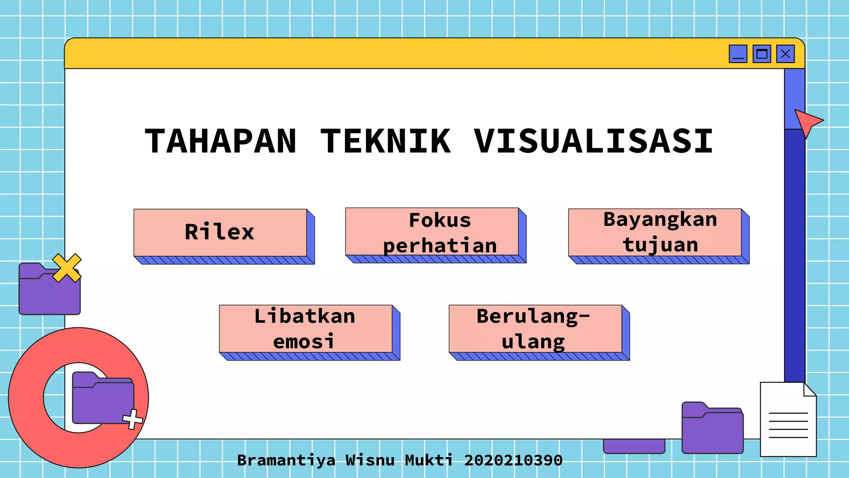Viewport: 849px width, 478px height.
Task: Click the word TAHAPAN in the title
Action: pos(221,141)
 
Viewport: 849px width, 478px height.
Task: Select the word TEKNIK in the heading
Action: pos(386,141)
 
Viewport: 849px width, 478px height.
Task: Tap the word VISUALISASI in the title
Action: pos(593,141)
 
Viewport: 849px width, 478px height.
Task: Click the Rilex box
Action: pos(220,232)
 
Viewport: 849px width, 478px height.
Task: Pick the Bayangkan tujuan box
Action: pos(655,232)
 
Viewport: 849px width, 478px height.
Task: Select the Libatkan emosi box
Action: pos(306,329)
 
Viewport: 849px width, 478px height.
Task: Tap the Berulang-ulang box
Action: pos(535,329)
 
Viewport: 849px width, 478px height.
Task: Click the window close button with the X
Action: pos(785,54)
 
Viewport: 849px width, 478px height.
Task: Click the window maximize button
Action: pos(762,54)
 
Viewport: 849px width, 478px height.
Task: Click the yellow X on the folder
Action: pos(67,268)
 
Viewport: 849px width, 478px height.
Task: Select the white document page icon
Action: pos(788,420)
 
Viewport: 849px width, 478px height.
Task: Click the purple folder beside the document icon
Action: pos(712,428)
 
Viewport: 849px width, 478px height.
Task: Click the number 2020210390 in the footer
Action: pos(513,460)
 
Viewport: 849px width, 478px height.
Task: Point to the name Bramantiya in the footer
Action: pos(286,460)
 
